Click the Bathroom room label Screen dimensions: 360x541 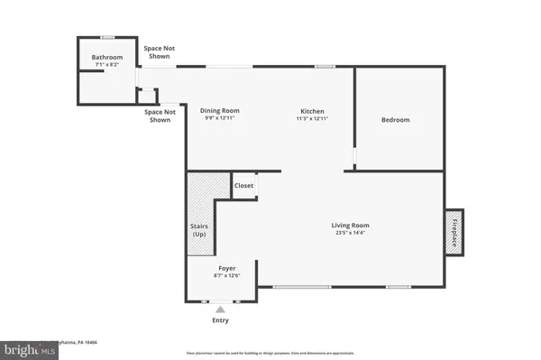tap(106, 57)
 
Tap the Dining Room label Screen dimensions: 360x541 tap(219, 111)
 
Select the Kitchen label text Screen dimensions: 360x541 tap(311, 111)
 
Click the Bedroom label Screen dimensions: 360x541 tap(395, 120)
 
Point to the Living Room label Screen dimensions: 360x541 tap(351, 226)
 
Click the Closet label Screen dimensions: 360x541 tap(244, 186)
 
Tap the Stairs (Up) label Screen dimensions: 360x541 tap(200, 230)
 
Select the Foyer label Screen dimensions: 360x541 tap(220, 267)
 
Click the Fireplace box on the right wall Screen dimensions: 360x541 tap(455, 234)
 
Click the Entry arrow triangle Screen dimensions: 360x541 tap(220, 309)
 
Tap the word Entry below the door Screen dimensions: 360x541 tap(220, 320)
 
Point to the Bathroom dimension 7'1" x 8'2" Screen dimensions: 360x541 tap(106, 65)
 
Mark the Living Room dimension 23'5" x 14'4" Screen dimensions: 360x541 tap(351, 234)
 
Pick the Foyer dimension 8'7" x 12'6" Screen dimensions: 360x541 tap(220, 275)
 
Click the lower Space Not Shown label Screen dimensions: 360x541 tap(160, 115)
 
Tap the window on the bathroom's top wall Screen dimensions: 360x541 tap(106, 38)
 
